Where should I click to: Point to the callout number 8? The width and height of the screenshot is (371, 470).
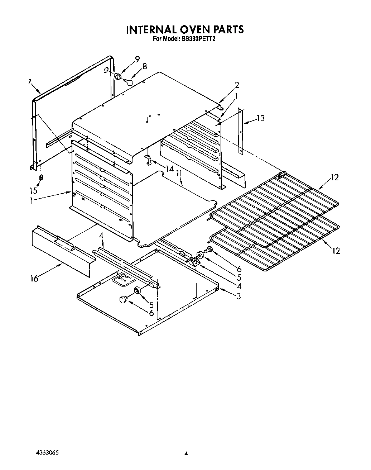coord(144,66)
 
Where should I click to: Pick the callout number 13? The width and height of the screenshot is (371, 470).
coord(261,118)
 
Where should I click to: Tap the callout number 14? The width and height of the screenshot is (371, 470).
coord(169,168)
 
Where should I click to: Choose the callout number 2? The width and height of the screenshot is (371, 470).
coord(237,85)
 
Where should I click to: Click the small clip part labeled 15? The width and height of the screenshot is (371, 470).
coord(42,177)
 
